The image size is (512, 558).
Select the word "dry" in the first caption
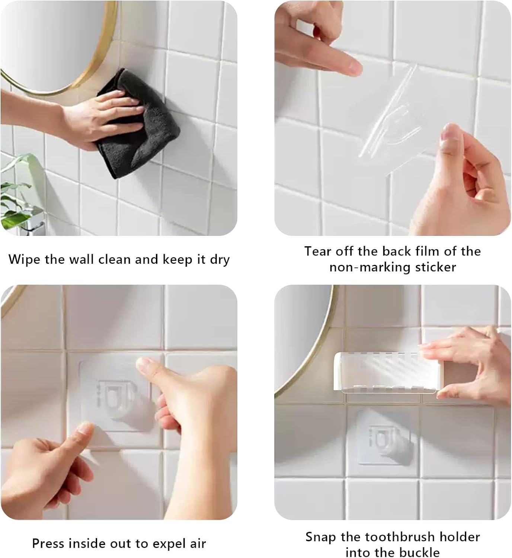pyautogui.click(x=220, y=260)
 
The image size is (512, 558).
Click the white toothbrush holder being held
pyautogui.click(x=383, y=372)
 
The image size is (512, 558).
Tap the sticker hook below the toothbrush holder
pyautogui.click(x=383, y=437)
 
